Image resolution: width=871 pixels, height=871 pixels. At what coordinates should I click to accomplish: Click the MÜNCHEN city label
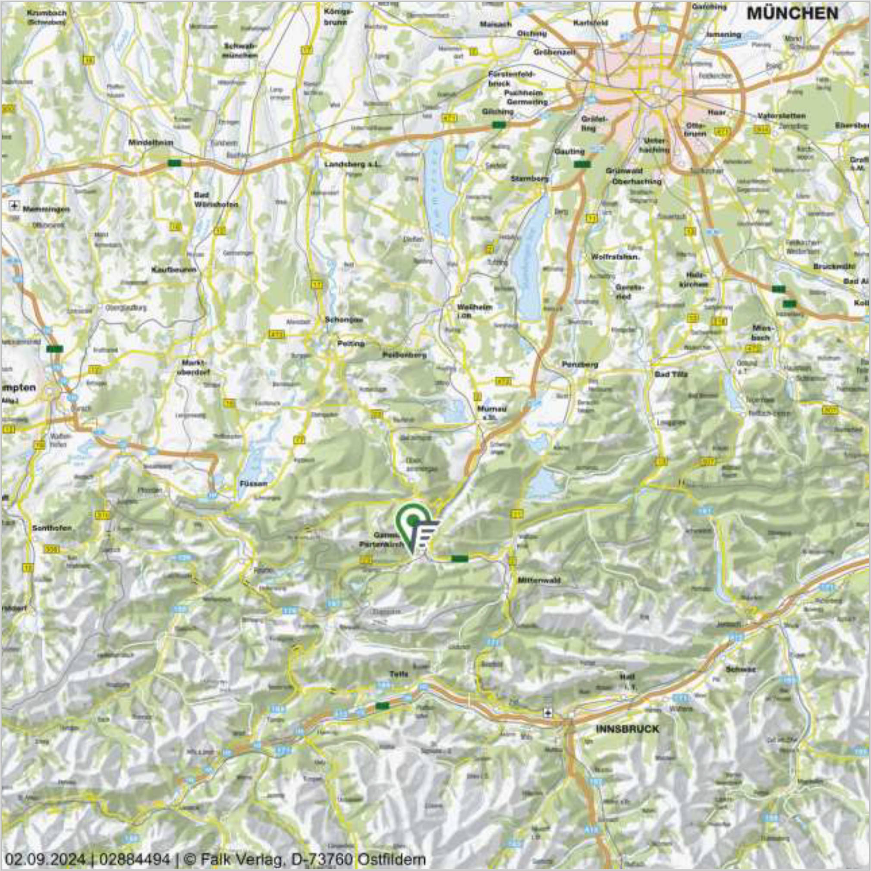(x=792, y=13)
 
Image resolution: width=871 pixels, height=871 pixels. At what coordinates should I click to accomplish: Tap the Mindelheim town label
(x=151, y=142)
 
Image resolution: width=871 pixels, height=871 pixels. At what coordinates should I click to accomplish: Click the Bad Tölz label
(x=671, y=374)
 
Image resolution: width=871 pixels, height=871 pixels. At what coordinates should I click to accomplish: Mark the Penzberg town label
(x=580, y=364)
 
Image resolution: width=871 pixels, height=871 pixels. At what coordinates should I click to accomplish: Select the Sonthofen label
(x=52, y=528)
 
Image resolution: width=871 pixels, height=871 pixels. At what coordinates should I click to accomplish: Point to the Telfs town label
(x=399, y=674)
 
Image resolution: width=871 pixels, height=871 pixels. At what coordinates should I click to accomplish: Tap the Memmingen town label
(x=43, y=210)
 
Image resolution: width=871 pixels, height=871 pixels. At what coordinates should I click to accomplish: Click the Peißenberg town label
(x=404, y=355)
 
